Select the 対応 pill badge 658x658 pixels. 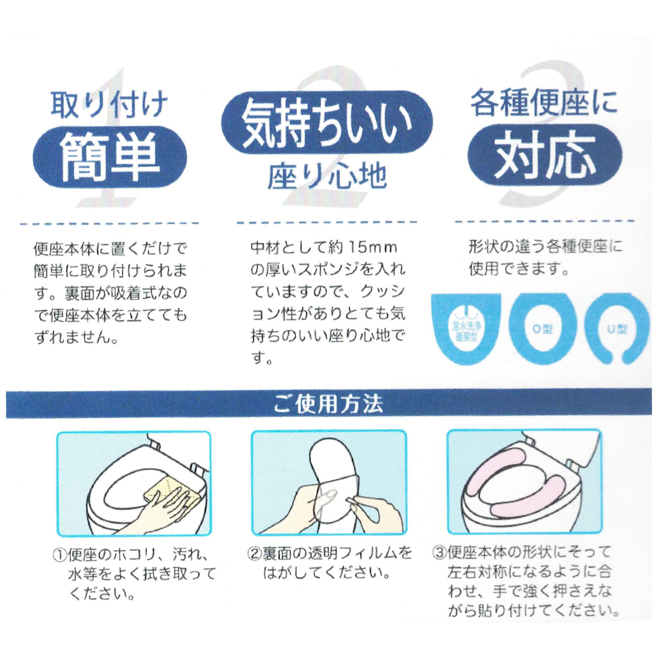pyautogui.click(x=545, y=155)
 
